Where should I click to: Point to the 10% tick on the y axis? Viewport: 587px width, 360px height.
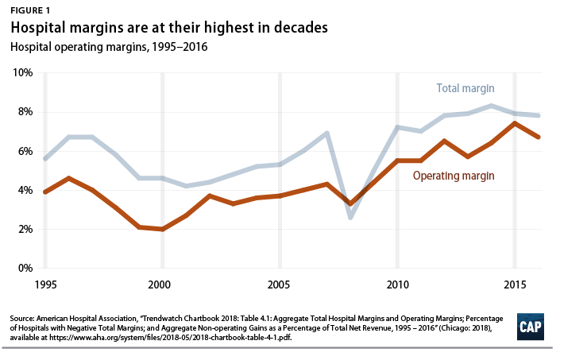click(x=21, y=72)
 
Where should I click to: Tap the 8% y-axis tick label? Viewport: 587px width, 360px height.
click(x=24, y=111)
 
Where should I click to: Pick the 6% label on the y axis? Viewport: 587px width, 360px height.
click(x=24, y=151)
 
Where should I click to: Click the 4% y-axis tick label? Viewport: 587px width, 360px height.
click(x=24, y=190)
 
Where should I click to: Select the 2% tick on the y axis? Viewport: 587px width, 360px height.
click(x=24, y=229)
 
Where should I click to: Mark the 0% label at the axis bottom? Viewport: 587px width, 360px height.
click(x=24, y=268)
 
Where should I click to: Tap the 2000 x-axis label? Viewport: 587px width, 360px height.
click(x=161, y=285)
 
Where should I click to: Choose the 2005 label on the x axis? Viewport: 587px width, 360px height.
click(x=279, y=285)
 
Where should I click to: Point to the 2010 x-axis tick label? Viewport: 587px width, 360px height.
click(x=396, y=285)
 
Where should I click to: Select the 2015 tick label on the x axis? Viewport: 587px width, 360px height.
click(x=514, y=285)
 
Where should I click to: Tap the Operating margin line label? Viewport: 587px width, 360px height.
click(x=455, y=174)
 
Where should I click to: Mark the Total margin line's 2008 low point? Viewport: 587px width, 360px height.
click(x=350, y=217)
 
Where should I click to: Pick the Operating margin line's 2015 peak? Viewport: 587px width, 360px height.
click(x=515, y=123)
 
